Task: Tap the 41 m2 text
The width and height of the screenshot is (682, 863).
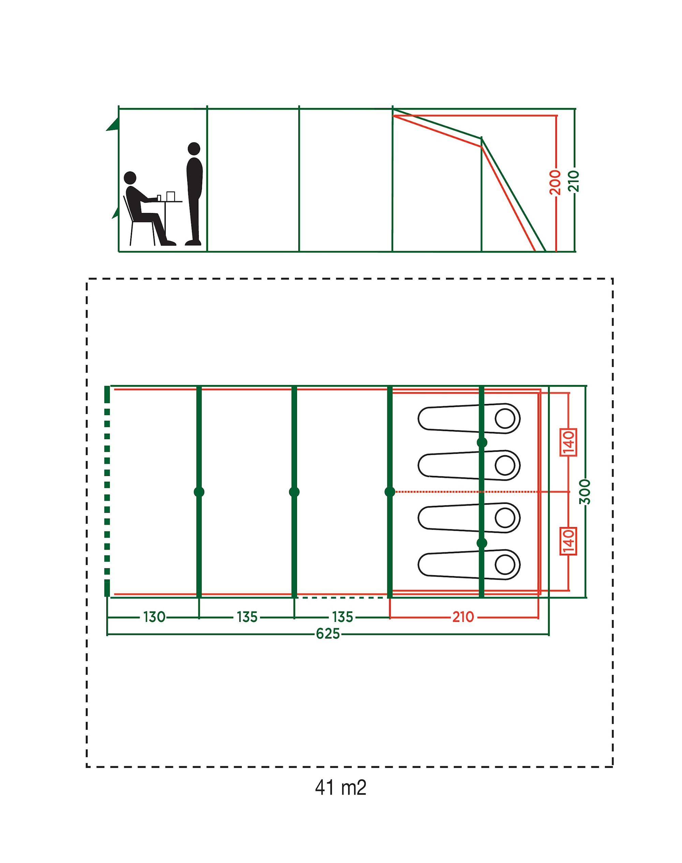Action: tap(341, 788)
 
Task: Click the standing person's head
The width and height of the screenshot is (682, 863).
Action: tap(194, 149)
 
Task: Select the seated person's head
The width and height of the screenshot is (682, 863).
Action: tap(130, 178)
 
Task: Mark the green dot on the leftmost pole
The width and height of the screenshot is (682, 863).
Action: tap(199, 492)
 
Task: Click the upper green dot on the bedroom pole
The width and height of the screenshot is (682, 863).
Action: tap(482, 443)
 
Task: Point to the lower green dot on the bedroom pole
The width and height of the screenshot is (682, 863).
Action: tap(482, 543)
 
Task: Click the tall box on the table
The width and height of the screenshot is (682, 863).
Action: tap(170, 196)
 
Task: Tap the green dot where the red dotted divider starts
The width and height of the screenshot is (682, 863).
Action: tap(390, 492)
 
